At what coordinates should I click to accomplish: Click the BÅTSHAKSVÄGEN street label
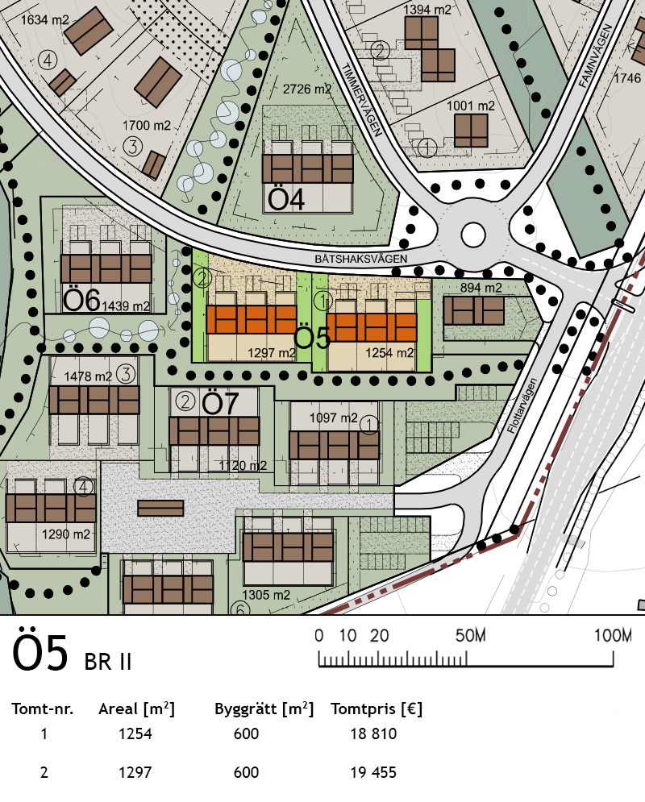[361, 259]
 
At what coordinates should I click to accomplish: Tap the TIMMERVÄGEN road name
[362, 100]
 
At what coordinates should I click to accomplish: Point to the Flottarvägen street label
[522, 405]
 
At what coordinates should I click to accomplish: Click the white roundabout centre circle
[473, 235]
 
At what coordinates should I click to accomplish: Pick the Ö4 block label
[286, 199]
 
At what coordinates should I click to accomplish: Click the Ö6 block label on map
[81, 300]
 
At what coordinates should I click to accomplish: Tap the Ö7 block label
[220, 403]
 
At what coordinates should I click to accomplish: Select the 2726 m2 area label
[307, 89]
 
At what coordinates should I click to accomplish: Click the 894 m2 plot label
[481, 288]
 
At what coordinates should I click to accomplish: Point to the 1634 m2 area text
[45, 20]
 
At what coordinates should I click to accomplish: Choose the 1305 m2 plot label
[266, 595]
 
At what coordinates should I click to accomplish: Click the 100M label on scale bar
[613, 636]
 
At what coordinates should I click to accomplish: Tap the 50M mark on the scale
[471, 636]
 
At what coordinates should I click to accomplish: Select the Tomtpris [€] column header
[377, 709]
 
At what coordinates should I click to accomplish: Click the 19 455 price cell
[373, 772]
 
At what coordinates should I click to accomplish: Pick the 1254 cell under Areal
[135, 734]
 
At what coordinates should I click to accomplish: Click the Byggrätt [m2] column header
[264, 709]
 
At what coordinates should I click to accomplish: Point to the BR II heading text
[108, 662]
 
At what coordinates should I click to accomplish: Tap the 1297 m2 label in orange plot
[272, 353]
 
